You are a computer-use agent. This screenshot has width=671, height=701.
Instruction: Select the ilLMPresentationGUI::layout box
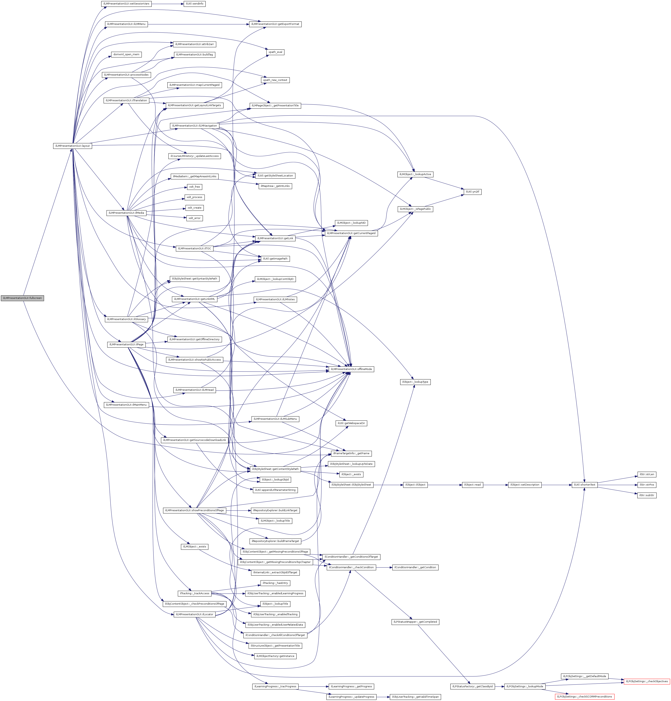[72, 146]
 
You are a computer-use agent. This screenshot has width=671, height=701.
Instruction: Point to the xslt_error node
[194, 218]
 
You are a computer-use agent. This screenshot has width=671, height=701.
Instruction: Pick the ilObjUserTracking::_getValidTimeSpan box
[415, 697]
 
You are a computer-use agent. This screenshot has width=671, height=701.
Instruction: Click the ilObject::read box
[472, 485]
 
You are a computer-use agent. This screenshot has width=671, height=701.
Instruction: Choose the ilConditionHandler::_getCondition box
[415, 567]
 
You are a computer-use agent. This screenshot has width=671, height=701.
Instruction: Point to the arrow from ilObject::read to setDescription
[495, 485]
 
